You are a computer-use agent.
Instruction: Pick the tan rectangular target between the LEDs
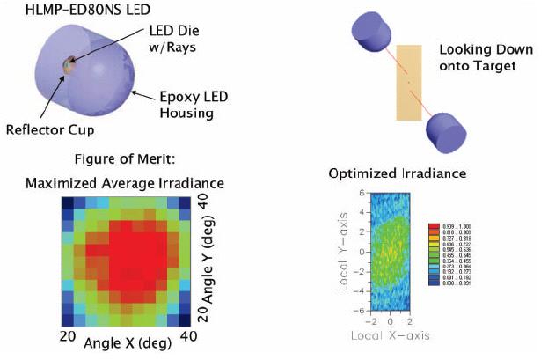point(409,84)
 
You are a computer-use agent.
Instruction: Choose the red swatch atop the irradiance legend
point(433,226)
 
